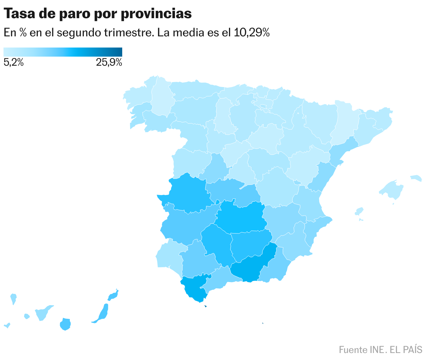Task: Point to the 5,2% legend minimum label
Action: coord(14,63)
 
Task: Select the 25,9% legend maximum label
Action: coord(109,63)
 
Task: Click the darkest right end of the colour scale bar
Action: coord(120,52)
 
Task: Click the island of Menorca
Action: coord(416,178)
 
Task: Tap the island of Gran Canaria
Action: coord(65,324)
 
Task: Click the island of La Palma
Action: coord(13,298)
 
